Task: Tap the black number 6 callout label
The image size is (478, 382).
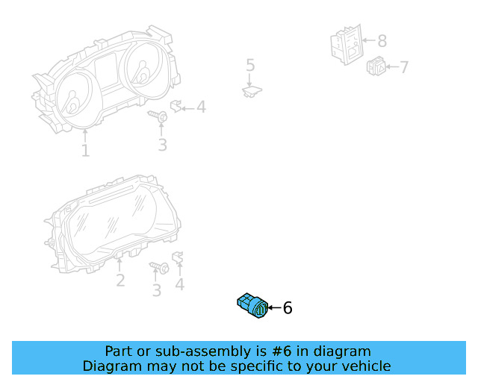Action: (288, 307)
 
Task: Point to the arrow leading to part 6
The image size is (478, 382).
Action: (274, 307)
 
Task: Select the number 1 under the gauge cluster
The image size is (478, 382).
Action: (85, 151)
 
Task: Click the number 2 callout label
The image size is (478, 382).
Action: (120, 281)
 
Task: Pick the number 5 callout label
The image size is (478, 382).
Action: (250, 66)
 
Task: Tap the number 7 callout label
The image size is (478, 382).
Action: (404, 68)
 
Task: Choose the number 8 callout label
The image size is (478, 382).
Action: (382, 41)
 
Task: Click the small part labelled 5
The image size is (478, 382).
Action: (252, 91)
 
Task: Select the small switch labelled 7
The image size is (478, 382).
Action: (376, 67)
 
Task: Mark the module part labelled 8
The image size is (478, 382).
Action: (346, 43)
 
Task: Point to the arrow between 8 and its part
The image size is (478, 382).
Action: (367, 41)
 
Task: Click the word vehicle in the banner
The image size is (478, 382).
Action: (364, 366)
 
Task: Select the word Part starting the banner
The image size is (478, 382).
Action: (119, 351)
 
